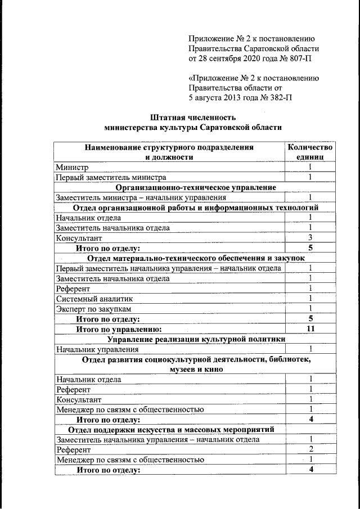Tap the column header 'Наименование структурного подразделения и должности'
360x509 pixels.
[169, 152]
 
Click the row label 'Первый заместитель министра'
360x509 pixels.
[110, 177]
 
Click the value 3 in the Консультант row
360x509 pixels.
[310, 237]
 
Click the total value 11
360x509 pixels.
[310, 328]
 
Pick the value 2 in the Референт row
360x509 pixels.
[310, 449]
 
